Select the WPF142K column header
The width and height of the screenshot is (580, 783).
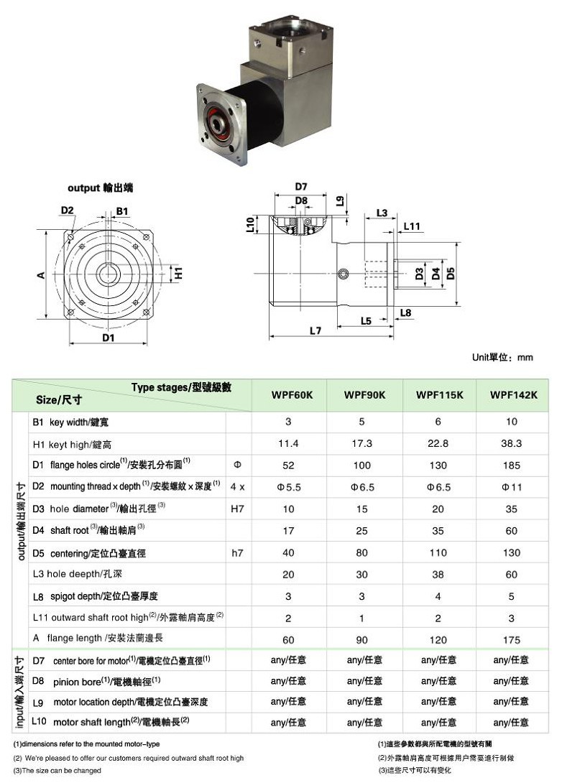coord(513,395)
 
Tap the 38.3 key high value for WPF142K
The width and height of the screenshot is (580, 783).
coord(512,444)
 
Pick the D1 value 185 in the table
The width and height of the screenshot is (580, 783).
coord(512,465)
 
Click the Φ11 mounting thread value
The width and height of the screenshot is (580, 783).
coord(512,487)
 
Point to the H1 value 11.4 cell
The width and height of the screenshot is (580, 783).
coord(288,444)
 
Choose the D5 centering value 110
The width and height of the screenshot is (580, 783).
coord(437,553)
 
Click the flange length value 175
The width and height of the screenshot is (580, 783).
coord(512,639)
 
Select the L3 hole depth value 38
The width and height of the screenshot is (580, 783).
coord(437,575)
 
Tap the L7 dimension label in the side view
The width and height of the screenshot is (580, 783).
coord(315,330)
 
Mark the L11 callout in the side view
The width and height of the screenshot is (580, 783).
coord(411,226)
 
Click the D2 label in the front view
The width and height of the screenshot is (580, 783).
coord(68,210)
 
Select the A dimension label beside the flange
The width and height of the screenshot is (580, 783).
coord(42,274)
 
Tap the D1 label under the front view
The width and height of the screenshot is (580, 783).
coord(108,337)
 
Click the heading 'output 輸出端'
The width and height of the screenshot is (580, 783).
coord(100,187)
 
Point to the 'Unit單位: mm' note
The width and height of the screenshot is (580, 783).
coord(502,357)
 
